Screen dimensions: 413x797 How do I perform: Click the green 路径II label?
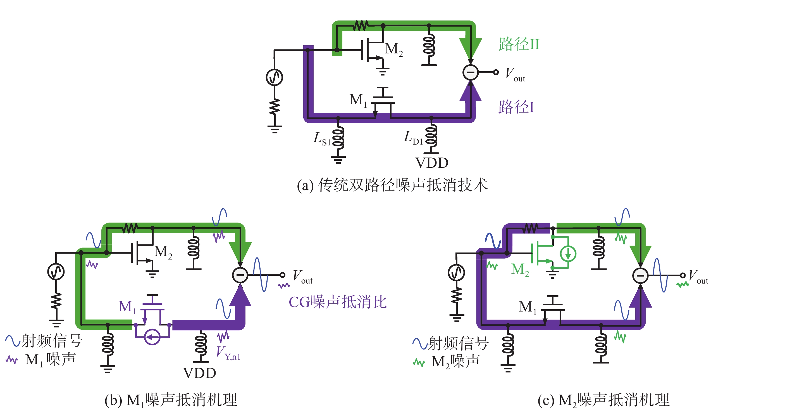point(519,44)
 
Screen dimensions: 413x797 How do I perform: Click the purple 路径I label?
point(516,107)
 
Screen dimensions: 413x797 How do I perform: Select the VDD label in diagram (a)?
point(432,163)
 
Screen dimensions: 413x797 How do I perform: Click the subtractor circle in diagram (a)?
point(470,72)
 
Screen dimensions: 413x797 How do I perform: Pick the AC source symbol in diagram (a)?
point(275,77)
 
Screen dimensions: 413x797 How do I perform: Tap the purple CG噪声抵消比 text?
point(338,302)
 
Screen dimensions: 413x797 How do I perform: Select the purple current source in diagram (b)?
point(152,337)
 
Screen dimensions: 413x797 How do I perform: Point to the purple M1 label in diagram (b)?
point(127,307)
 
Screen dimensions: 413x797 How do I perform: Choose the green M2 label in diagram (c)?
point(520,269)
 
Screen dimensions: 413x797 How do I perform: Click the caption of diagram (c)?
point(603,400)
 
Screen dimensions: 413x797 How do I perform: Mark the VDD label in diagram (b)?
point(199,373)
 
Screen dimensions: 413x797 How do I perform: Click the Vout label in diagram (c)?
point(698,276)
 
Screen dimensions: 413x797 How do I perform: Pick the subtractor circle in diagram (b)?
point(240,275)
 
